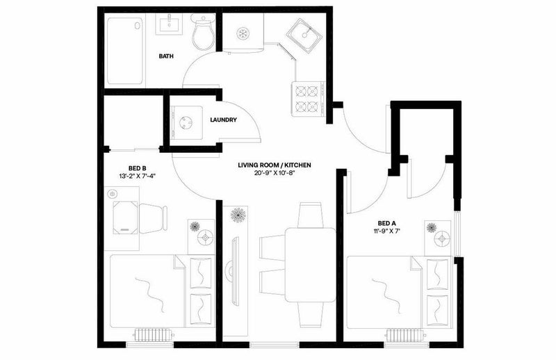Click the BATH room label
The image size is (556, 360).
(x=166, y=56)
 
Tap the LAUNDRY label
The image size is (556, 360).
(x=223, y=120)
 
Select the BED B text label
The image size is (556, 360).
(x=138, y=168)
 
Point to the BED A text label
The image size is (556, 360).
(x=386, y=224)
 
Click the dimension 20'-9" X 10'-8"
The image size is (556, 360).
(x=275, y=173)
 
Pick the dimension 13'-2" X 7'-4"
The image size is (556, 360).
(x=138, y=176)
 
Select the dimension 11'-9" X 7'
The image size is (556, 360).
(x=386, y=231)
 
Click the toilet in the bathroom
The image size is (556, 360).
(x=204, y=32)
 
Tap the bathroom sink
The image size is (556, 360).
(x=169, y=24)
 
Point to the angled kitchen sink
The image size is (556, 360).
(x=304, y=34)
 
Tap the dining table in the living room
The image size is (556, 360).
(x=310, y=265)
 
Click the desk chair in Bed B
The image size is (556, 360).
(x=153, y=218)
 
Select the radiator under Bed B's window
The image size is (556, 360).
(x=154, y=334)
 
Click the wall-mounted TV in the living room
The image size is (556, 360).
(x=234, y=271)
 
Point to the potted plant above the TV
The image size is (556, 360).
(x=238, y=215)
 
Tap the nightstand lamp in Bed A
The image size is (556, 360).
(x=442, y=239)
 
